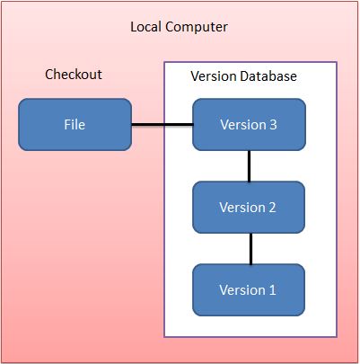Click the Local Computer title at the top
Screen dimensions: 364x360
pyautogui.click(x=180, y=27)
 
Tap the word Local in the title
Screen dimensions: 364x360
pyautogui.click(x=147, y=27)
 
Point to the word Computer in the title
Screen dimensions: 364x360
pyautogui.click(x=198, y=28)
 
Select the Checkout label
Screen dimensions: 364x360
pyautogui.click(x=74, y=74)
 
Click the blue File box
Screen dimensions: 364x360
pyautogui.click(x=75, y=124)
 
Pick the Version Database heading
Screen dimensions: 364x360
pyautogui.click(x=243, y=76)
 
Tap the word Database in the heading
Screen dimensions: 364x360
pyautogui.click(x=267, y=76)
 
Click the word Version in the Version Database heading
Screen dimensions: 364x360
pyautogui.click(x=213, y=76)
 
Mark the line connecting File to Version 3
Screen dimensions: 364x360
pyautogui.click(x=162, y=124)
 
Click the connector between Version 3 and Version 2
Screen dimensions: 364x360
pyautogui.click(x=250, y=165)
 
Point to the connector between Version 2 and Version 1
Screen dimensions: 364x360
pyautogui.click(x=250, y=248)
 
